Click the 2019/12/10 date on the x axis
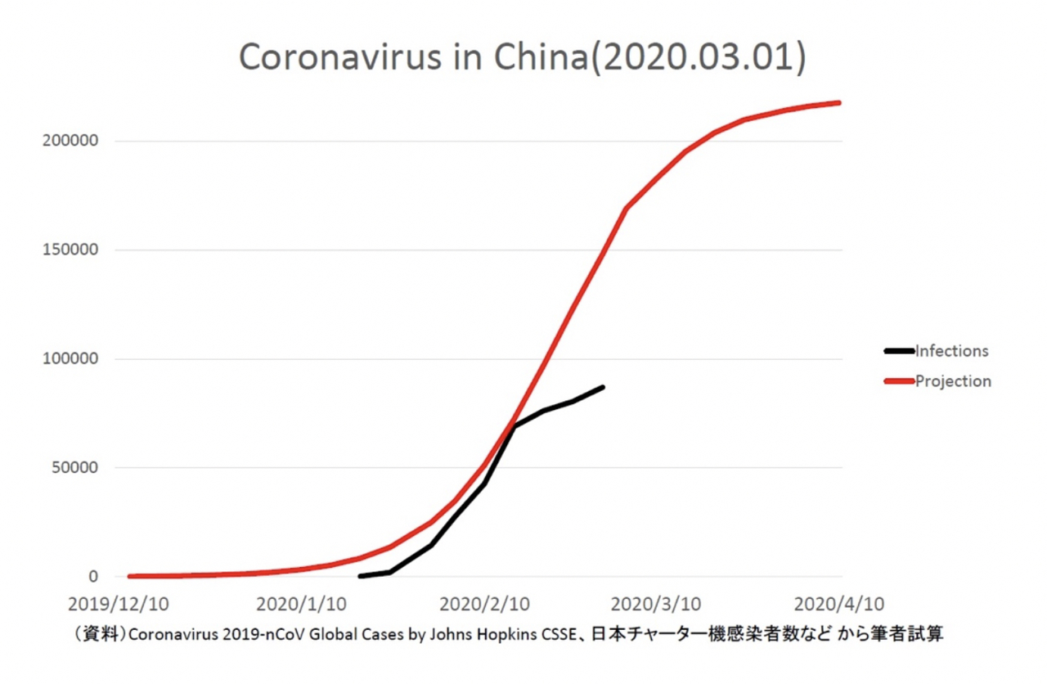119,605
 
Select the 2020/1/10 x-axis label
301,605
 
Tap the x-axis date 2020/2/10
484,605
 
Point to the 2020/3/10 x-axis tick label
655,605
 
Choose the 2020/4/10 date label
839,605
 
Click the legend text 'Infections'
951,351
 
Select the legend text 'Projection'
953,381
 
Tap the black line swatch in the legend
899,351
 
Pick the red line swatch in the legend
899,381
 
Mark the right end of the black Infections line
603,387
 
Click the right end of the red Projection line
839,102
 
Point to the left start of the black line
360,576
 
